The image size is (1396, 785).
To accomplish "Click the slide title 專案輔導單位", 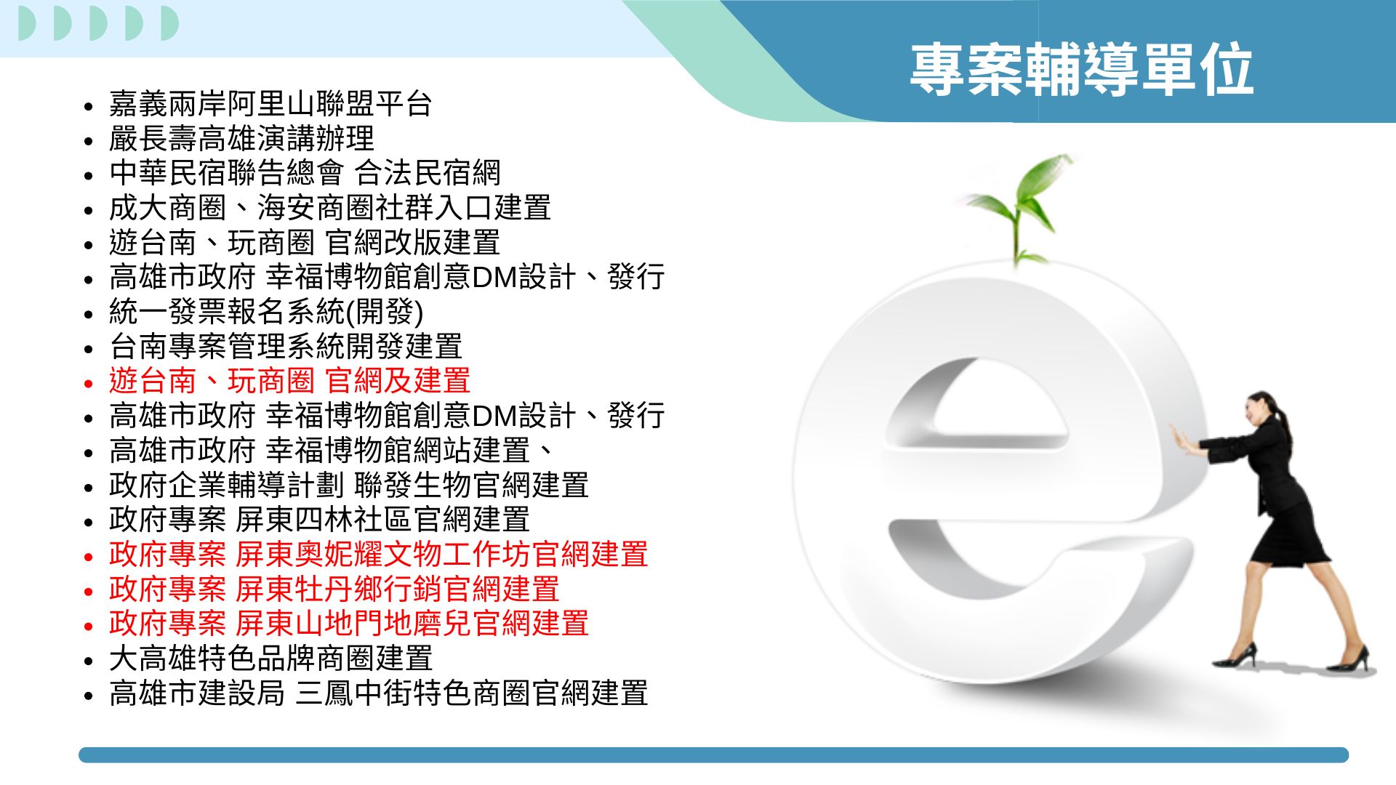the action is pos(1081,69).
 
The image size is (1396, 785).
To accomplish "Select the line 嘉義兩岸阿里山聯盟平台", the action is pos(270,104).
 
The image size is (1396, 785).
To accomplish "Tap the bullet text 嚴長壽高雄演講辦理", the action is pos(241,138).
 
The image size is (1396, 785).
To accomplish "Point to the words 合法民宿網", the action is pos(428,173).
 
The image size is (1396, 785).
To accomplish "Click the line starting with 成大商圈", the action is pos(330,208).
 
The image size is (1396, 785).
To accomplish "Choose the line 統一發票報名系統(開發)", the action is pos(266,312).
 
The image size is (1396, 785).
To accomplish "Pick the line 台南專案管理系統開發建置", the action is pos(286,347).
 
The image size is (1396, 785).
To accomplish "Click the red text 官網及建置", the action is pos(398,381).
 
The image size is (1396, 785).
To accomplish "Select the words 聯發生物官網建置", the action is pos(471,485).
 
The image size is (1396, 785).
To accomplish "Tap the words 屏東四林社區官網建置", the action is pos(382,520).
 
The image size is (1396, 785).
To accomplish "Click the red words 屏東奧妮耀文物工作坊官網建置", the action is pos(441,555).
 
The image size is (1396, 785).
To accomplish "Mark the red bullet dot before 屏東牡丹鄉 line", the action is pos(89,592).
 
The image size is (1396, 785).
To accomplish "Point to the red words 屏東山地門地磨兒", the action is pos(353,624).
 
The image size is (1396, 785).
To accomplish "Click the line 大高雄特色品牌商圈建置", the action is pos(270,659).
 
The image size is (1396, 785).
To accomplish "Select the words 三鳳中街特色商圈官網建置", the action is pos(471,693).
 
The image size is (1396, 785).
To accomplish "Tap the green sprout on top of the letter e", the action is pos(1022,207).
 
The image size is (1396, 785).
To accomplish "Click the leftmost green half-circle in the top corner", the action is pos(27,23).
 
